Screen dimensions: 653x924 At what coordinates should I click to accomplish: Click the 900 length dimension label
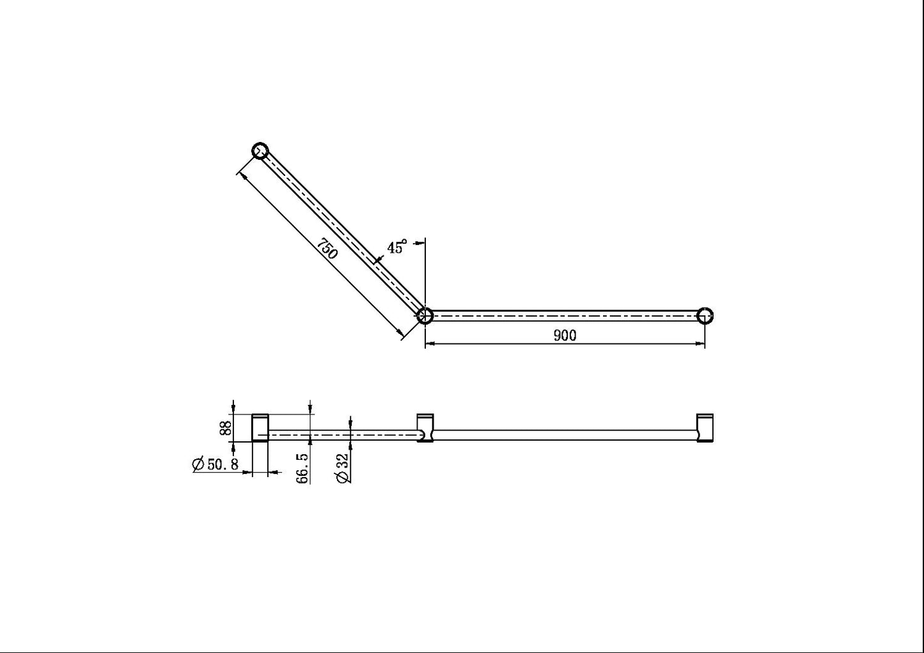point(565,336)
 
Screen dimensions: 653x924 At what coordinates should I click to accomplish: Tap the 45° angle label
point(396,248)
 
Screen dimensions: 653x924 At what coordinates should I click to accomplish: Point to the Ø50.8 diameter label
point(215,465)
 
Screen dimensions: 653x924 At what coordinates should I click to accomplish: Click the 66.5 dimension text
point(302,468)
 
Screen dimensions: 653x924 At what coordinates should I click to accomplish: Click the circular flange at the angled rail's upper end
point(260,151)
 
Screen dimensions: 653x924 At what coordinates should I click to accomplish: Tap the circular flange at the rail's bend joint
point(425,315)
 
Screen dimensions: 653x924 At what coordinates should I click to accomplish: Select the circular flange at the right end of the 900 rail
point(705,315)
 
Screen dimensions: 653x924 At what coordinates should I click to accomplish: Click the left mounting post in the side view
point(260,428)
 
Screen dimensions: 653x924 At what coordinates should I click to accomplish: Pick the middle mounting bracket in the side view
point(425,428)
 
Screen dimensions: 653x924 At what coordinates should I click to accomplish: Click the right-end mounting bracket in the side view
point(704,428)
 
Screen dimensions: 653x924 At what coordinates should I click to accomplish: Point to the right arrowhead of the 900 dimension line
point(700,344)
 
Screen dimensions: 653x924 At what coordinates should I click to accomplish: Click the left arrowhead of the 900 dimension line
point(430,344)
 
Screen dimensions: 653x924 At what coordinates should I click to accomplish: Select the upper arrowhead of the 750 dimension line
point(240,172)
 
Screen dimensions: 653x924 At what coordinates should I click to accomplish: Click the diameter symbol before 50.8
point(198,465)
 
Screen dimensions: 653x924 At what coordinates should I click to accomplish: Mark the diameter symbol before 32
point(343,477)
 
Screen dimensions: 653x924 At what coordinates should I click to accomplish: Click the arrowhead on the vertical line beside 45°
point(420,242)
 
